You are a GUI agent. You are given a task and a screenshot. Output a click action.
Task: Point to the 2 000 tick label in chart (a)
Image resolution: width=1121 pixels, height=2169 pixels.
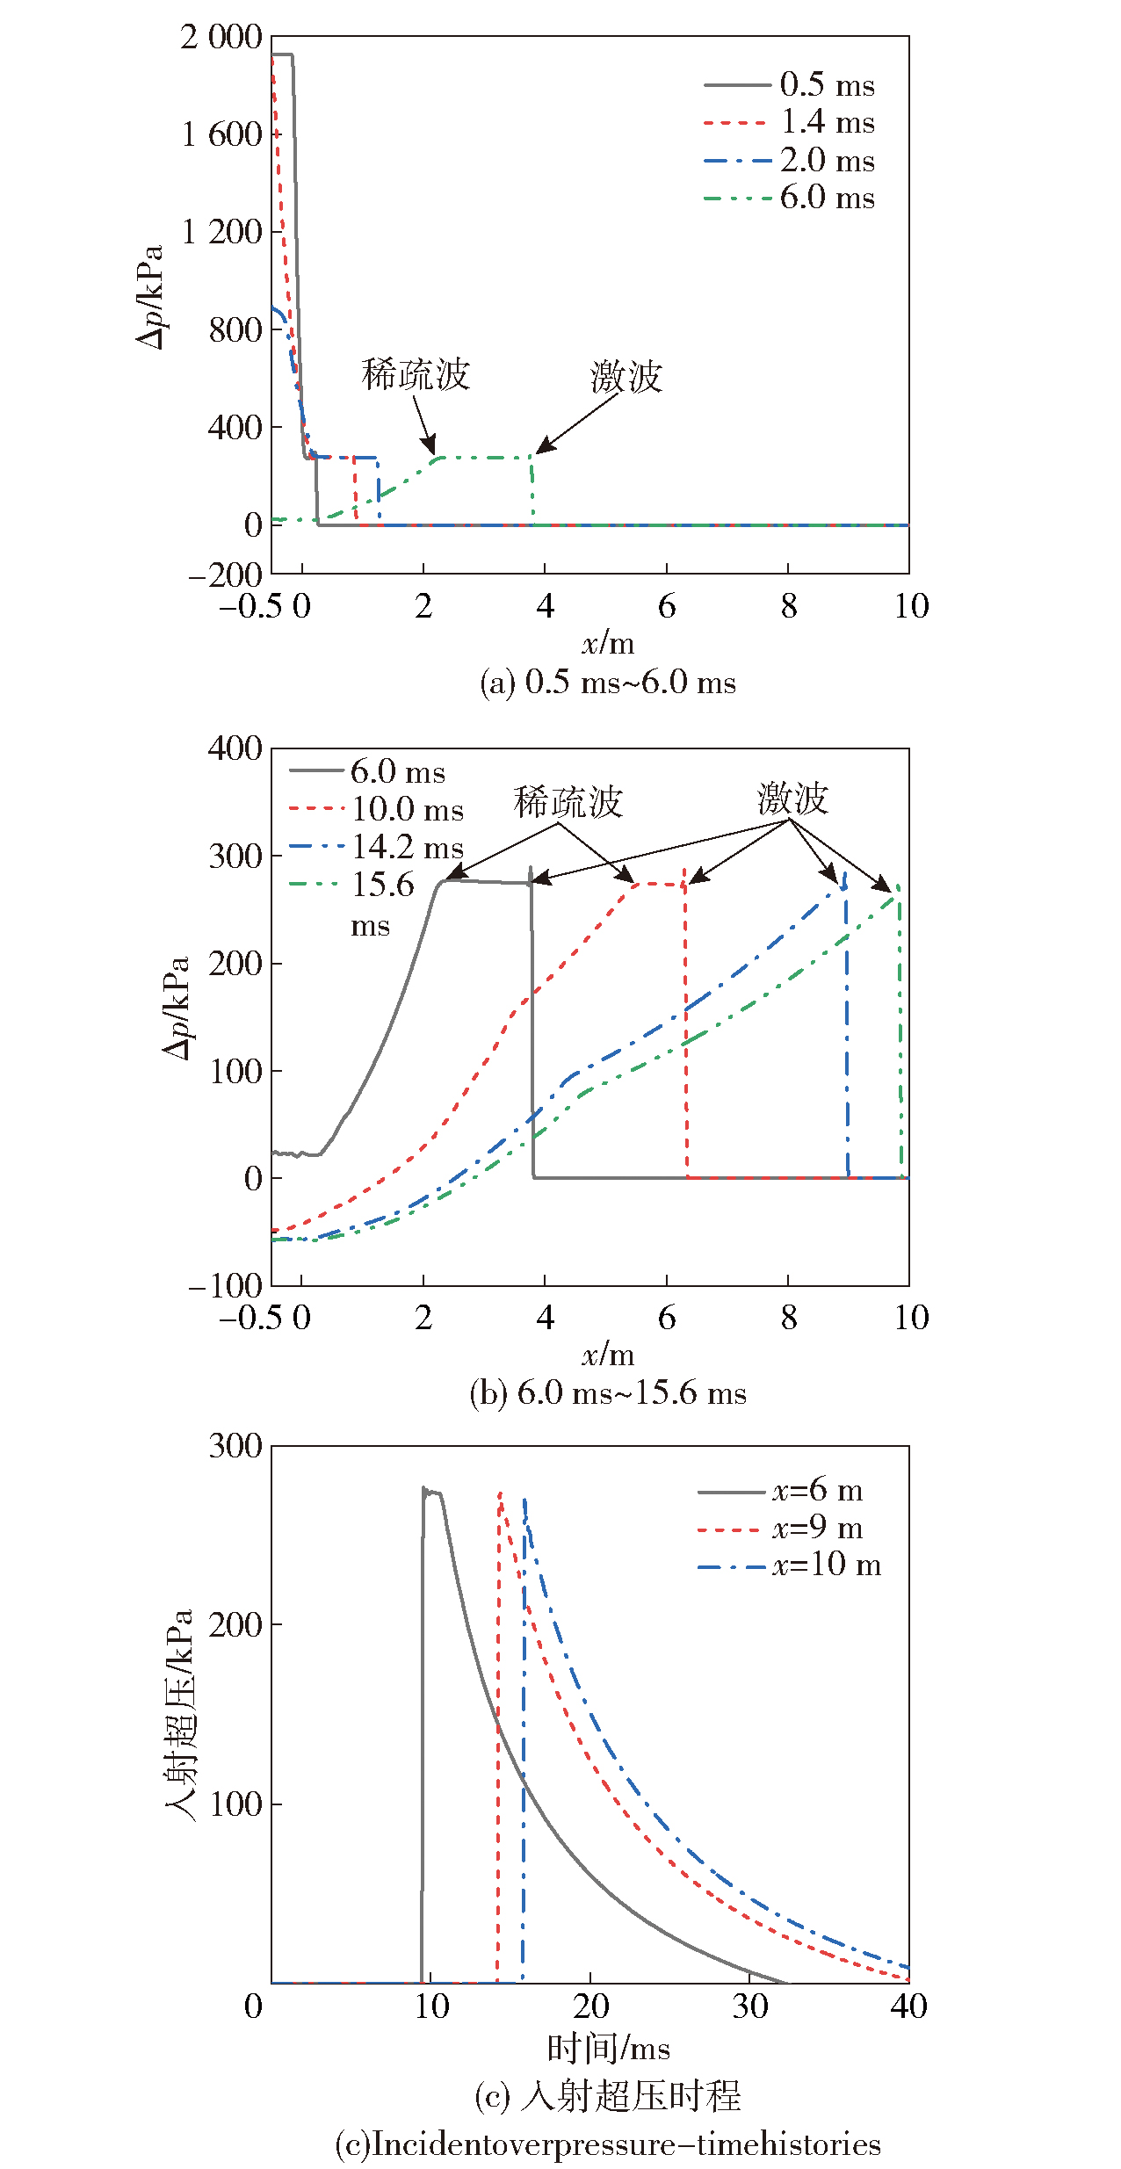pyautogui.click(x=221, y=38)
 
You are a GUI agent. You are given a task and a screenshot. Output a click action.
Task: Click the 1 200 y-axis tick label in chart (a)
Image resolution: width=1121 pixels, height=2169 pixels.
pyautogui.click(x=221, y=233)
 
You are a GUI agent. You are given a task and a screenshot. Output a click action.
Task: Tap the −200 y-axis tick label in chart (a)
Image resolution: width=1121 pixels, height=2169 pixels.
pyautogui.click(x=225, y=575)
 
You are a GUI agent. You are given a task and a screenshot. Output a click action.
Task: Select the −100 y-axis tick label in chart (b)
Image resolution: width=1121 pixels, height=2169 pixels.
pyautogui.click(x=225, y=1286)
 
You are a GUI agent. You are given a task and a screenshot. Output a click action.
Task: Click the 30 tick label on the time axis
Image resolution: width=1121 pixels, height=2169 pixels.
pyautogui.click(x=749, y=2006)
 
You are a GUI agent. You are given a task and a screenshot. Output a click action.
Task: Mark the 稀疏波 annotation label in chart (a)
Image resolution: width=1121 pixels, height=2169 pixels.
pyautogui.click(x=416, y=375)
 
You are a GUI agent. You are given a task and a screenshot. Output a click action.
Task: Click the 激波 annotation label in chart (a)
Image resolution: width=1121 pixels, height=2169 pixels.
pyautogui.click(x=626, y=377)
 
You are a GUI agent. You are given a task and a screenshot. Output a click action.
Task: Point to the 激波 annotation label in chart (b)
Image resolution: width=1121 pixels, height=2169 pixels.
pyautogui.click(x=792, y=799)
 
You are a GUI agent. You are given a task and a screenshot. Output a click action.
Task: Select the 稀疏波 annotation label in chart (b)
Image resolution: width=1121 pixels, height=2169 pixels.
pyautogui.click(x=568, y=802)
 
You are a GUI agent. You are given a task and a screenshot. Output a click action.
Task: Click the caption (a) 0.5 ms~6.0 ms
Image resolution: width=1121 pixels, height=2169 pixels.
pyautogui.click(x=608, y=683)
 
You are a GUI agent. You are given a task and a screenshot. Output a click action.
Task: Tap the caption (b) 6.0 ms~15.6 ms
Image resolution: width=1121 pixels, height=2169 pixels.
pyautogui.click(x=608, y=1393)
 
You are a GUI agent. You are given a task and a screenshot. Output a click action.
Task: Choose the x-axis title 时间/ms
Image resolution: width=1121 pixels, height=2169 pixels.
pyautogui.click(x=608, y=2049)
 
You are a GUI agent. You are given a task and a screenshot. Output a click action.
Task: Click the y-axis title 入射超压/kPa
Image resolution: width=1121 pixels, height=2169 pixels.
pyautogui.click(x=179, y=1715)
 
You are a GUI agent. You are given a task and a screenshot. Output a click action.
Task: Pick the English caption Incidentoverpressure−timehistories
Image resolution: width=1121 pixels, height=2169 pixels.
pyautogui.click(x=608, y=2144)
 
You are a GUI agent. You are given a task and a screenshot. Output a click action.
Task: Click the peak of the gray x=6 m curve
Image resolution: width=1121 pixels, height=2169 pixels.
pyautogui.click(x=424, y=1489)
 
